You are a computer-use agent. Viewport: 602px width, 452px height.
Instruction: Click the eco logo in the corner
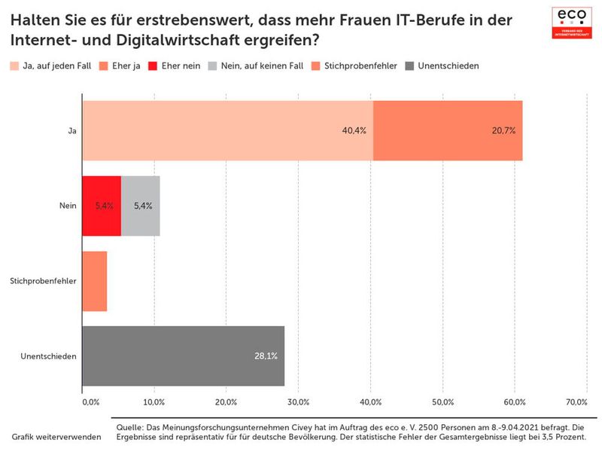coord(571,23)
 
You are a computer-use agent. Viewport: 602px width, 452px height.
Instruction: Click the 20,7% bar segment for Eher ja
coord(448,130)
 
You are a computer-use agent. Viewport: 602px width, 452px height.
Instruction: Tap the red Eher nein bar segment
coord(101,206)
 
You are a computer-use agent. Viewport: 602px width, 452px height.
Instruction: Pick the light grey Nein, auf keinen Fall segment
coord(141,206)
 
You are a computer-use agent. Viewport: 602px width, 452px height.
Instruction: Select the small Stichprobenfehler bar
coord(94,281)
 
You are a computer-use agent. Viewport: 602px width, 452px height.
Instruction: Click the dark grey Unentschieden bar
coord(183,356)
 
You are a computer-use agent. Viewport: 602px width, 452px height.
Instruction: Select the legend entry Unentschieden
coord(443,66)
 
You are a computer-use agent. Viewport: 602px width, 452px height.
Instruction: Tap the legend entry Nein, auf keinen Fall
coord(260,66)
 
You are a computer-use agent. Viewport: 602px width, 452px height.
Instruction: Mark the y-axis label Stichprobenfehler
coord(43,281)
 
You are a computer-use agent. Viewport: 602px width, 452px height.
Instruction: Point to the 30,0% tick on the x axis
coord(298,402)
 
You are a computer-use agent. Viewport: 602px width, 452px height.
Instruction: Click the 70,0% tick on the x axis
coord(576,402)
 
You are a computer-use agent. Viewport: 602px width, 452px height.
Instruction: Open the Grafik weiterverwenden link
coord(56,437)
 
